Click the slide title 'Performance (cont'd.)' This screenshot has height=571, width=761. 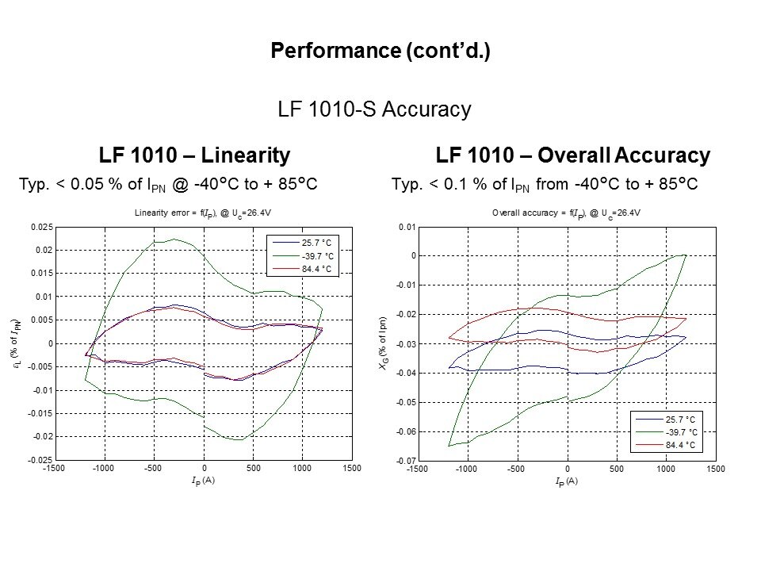(380, 52)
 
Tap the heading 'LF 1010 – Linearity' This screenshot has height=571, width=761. (193, 154)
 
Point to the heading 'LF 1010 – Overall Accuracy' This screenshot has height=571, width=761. (572, 154)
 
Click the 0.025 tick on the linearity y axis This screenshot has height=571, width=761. (42, 228)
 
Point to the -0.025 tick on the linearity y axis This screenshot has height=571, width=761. (40, 461)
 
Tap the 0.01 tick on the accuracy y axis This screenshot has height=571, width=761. (406, 228)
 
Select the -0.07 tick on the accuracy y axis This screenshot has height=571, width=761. (404, 461)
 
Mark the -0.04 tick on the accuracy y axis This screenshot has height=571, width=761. (404, 373)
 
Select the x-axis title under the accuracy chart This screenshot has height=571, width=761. (566, 481)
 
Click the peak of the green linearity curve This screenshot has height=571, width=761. (174, 239)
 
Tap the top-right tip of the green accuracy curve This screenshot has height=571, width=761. (684, 255)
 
